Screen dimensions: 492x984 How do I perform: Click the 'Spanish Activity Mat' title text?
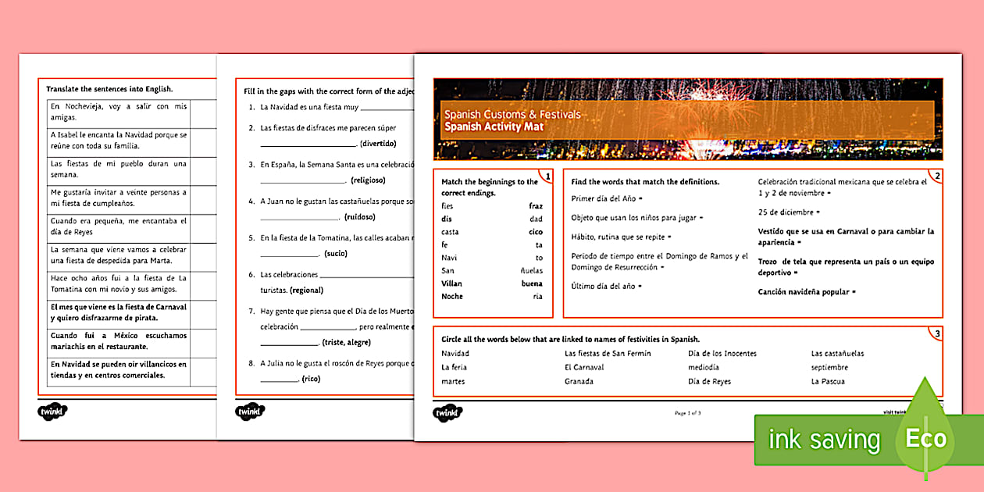[x=494, y=127]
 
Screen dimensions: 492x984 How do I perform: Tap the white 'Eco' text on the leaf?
[x=925, y=439]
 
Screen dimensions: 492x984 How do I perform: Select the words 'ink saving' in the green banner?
[x=824, y=440]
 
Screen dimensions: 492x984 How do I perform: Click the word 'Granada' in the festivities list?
[x=579, y=382]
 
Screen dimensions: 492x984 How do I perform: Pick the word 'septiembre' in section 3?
[x=829, y=368]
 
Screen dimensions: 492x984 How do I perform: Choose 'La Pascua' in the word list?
[x=828, y=382]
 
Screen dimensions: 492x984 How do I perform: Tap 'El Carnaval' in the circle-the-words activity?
[x=584, y=368]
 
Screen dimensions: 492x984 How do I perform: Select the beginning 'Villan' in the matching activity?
[x=452, y=283]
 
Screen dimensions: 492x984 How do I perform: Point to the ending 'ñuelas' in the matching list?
[x=531, y=270]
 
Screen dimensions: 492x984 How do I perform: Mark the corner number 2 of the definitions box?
[x=937, y=176]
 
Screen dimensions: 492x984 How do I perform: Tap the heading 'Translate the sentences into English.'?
[x=109, y=89]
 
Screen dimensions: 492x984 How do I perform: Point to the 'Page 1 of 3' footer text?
[x=687, y=412]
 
